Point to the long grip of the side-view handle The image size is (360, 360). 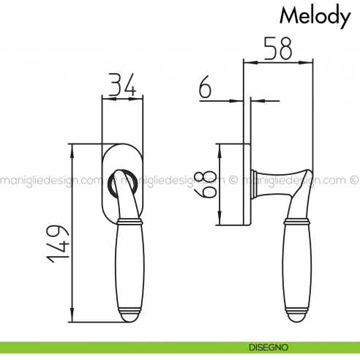(295, 267)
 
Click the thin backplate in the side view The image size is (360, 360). (247, 184)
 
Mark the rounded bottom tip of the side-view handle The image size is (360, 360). (295, 318)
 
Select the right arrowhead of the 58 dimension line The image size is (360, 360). (309, 64)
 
